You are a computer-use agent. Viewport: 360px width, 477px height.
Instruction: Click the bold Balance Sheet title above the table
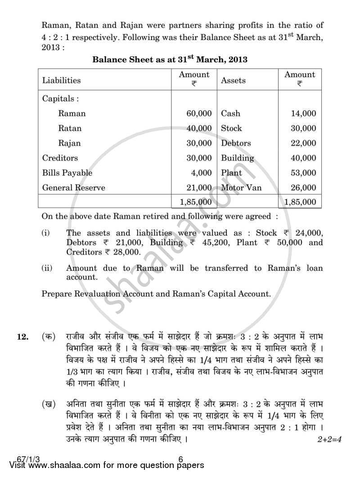[x=170, y=59]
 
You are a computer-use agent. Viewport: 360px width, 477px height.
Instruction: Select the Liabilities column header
[x=62, y=81]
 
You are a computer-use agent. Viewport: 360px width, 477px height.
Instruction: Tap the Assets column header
[x=233, y=81]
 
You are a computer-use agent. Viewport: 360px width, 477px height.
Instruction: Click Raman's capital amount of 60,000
[x=199, y=113]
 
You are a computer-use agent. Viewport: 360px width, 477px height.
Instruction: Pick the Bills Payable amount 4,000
[x=201, y=173]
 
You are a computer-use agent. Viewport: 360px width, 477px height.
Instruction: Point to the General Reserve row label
[x=73, y=188]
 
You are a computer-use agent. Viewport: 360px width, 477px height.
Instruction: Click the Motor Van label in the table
[x=241, y=188]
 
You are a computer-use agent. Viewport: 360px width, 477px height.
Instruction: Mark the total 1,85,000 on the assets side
[x=300, y=202]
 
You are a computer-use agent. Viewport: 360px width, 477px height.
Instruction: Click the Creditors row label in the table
[x=60, y=158]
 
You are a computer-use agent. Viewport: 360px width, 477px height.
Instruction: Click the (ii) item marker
[x=47, y=268]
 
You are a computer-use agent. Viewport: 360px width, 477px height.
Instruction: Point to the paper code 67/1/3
[x=17, y=459]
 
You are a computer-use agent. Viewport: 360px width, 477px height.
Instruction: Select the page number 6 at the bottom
[x=180, y=459]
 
